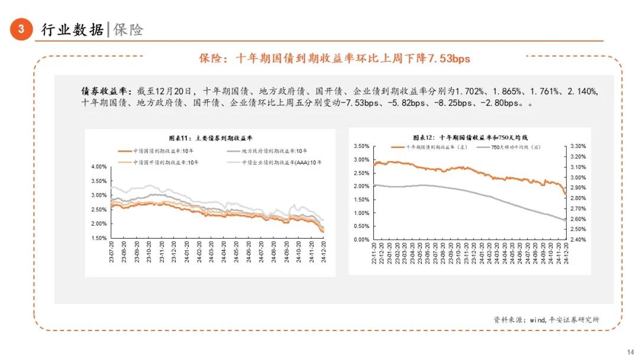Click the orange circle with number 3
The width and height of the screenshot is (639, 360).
click(x=21, y=29)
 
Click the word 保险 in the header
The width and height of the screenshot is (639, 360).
click(x=128, y=30)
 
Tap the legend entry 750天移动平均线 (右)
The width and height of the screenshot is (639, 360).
click(x=512, y=146)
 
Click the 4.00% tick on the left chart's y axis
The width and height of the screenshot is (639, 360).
click(x=98, y=167)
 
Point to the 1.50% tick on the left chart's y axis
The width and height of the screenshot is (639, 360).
click(x=98, y=238)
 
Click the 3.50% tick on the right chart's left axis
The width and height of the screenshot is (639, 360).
click(x=361, y=146)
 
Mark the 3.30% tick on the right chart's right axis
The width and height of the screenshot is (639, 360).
click(x=577, y=146)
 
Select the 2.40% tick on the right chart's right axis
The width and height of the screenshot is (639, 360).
click(x=577, y=240)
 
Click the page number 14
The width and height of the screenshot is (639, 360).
click(x=630, y=351)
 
